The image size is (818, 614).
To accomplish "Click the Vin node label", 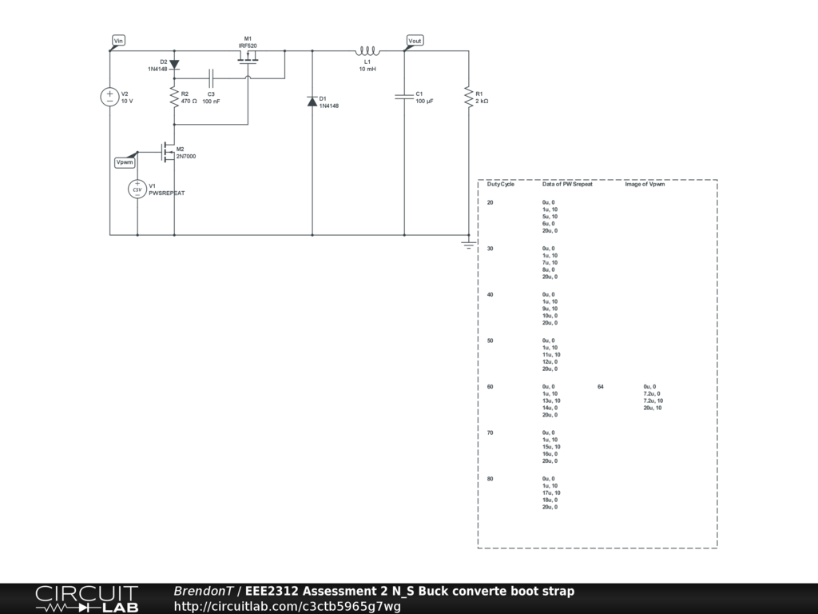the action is pyautogui.click(x=118, y=41).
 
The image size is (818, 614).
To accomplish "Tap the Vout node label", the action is pyautogui.click(x=415, y=41).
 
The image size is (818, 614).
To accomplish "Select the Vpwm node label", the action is pyautogui.click(x=125, y=162).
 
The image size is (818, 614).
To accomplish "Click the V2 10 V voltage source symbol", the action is pyautogui.click(x=109, y=97).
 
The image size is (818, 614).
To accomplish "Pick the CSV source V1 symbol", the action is pyautogui.click(x=137, y=189).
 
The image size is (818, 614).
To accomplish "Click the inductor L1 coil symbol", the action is pyautogui.click(x=367, y=50).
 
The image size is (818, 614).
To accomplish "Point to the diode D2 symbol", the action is pyautogui.click(x=174, y=65).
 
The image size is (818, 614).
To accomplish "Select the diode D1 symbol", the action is pyautogui.click(x=312, y=102).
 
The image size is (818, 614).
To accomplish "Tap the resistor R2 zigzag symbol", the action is pyautogui.click(x=174, y=98).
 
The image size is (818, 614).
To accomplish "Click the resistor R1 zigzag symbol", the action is pyautogui.click(x=468, y=97).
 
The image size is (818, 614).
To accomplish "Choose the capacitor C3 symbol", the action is pyautogui.click(x=211, y=79).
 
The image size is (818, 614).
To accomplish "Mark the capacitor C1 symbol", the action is pyautogui.click(x=404, y=97).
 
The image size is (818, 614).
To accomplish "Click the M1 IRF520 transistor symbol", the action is pyautogui.click(x=248, y=58).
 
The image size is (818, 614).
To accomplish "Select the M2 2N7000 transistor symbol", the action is pyautogui.click(x=168, y=152).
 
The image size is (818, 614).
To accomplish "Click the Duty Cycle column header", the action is pyautogui.click(x=500, y=185).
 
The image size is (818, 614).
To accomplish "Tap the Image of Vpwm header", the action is pyautogui.click(x=645, y=185).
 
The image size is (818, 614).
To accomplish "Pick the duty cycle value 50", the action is pyautogui.click(x=490, y=341).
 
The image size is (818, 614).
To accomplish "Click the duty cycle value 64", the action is pyautogui.click(x=601, y=387).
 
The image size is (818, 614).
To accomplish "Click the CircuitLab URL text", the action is pyautogui.click(x=287, y=606).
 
